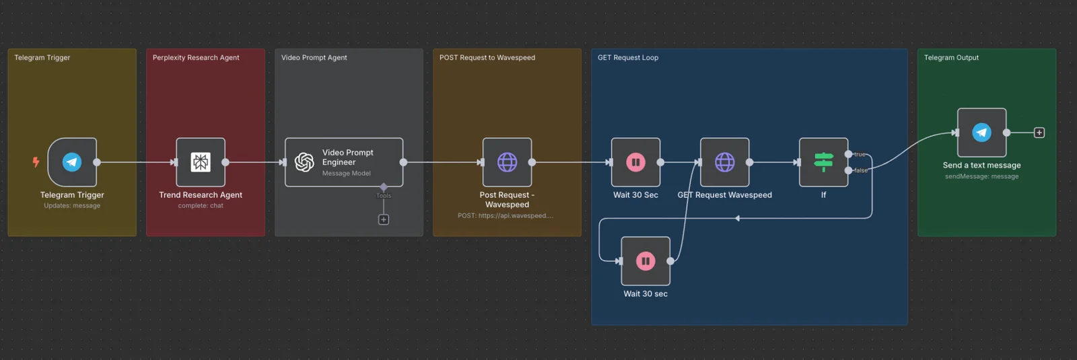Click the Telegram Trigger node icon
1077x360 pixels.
72,162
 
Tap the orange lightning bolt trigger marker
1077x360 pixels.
36,162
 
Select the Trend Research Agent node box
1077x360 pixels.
201,162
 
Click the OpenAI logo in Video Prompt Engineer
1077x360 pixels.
304,162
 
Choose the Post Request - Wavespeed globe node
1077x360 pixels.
507,162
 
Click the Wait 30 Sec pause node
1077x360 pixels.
635,162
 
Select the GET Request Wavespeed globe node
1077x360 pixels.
724,162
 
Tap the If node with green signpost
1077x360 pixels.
823,162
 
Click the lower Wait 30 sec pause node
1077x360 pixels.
646,261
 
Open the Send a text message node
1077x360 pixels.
981,133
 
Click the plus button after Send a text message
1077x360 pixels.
1039,133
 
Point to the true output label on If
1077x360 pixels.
860,154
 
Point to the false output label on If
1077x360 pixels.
861,170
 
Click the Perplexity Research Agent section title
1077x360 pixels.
196,58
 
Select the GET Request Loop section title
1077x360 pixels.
628,58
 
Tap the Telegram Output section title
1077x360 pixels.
951,58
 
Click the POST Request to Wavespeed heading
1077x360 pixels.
487,58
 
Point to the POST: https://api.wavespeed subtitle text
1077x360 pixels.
506,216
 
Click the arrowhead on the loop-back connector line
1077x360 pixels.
738,218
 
